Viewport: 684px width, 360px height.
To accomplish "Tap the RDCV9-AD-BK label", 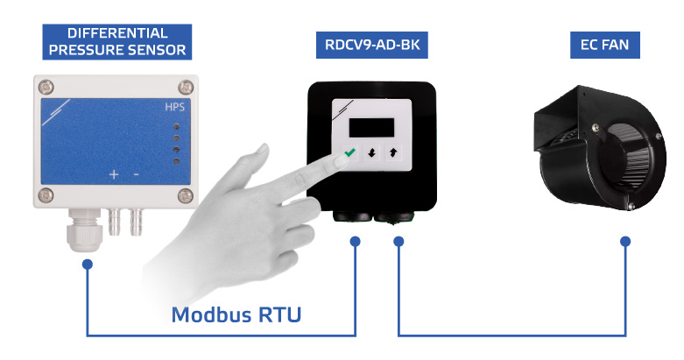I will pos(372,46).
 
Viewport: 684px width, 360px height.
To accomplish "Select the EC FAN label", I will pos(603,46).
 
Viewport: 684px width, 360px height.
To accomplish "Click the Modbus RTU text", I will pos(236,313).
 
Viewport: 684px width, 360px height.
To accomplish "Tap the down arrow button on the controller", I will pos(371,152).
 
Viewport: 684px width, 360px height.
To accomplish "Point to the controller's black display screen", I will pos(372,125).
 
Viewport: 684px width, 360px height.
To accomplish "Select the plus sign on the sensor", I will pos(114,174).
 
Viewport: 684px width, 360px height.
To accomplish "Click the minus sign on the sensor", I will pos(136,174).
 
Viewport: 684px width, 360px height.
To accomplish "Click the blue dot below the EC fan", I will pos(624,241).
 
